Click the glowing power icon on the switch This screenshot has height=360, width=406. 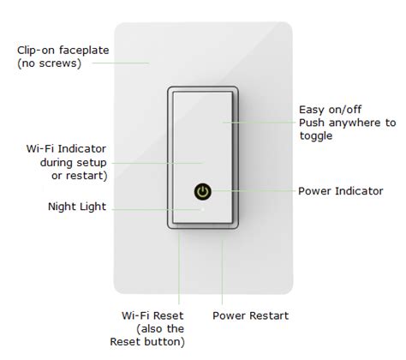tap(203, 191)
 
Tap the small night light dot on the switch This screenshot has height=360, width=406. tap(203, 209)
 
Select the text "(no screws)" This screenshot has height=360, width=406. tap(49, 63)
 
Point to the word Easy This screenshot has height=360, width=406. tap(312, 110)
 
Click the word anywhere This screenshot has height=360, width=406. tap(354, 123)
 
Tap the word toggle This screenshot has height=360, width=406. tap(316, 136)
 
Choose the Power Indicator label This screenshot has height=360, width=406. tap(341, 191)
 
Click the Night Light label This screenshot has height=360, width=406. tap(77, 207)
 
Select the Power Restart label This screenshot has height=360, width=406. tap(251, 315)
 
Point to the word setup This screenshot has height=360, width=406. tap(90, 163)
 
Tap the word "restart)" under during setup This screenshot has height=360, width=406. tap(87, 176)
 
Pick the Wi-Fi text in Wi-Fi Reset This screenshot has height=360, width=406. tap(134, 315)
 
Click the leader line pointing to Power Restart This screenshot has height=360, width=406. tap(222, 272)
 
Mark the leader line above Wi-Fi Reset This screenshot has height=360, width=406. tap(179, 267)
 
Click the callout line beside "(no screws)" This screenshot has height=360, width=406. tap(121, 63)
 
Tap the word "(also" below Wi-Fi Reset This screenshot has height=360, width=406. tap(150, 329)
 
